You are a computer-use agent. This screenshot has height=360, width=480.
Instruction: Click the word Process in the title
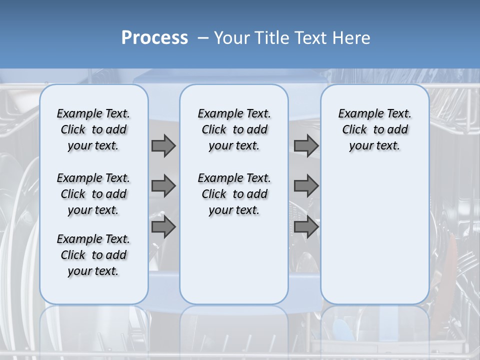[x=154, y=38]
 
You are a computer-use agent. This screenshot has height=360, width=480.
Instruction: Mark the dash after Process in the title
[x=202, y=38]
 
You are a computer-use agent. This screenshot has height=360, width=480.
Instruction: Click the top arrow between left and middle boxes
[x=163, y=145]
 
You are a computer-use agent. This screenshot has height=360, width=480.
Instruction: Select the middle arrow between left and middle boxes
[x=163, y=186]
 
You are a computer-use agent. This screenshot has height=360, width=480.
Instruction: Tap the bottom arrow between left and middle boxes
[x=163, y=226]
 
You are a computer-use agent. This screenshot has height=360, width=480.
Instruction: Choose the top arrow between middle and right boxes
[x=306, y=145]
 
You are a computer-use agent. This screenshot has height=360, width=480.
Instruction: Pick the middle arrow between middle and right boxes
[x=306, y=186]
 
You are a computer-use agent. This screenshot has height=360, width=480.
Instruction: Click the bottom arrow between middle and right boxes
[x=306, y=226]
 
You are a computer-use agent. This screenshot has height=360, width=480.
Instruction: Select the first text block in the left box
[x=93, y=129]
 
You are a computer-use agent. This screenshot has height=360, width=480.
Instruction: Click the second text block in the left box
[x=93, y=194]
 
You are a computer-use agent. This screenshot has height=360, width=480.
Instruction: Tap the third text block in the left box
[x=93, y=255]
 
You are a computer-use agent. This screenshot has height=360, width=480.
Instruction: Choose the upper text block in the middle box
[x=234, y=129]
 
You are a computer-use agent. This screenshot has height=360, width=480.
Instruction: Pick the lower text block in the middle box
[x=234, y=194]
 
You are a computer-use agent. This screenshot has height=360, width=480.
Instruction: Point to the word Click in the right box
[x=354, y=130]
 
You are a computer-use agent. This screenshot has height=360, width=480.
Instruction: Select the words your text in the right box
[x=374, y=146]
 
